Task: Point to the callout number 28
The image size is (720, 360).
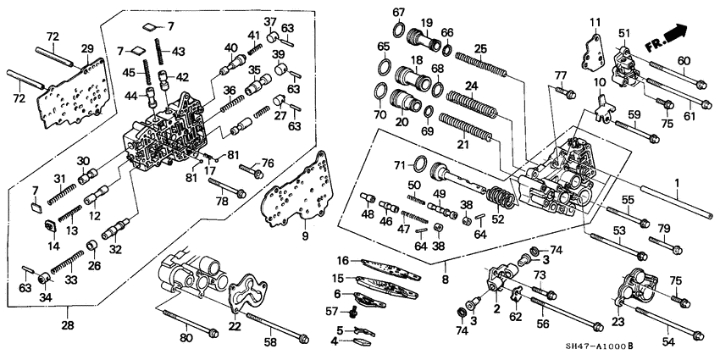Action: point(69,324)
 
